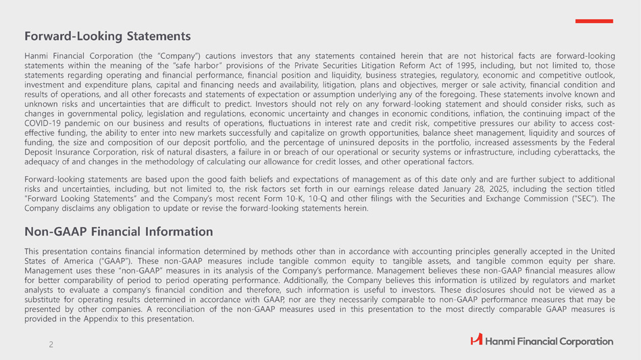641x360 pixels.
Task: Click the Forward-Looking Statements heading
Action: coord(107,35)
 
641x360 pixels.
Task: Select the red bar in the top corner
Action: coord(594,22)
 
